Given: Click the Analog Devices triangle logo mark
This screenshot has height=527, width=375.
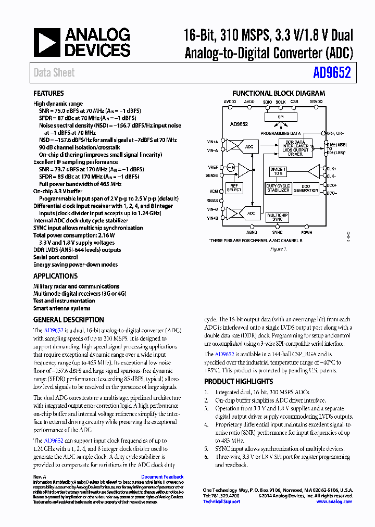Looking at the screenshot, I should coord(46,42).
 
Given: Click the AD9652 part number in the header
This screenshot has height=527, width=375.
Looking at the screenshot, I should coord(332,72).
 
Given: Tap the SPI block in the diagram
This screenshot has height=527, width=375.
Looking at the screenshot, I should coord(281,118).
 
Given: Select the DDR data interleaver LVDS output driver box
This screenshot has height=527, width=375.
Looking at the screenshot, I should coord(295,148).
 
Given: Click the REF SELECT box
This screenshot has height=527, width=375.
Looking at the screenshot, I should coord(234,188).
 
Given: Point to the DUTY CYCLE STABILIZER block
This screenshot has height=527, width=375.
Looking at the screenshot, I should coord(278,188).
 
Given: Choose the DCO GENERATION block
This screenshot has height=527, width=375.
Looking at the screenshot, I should coord(306,188).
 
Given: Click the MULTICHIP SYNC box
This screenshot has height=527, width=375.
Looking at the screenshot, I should coord(278,217).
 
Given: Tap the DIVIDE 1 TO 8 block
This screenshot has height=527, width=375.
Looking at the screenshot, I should coord(278,171).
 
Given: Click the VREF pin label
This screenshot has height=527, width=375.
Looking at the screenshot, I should coord(213,167).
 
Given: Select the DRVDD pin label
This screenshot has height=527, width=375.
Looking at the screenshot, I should coord(316,102).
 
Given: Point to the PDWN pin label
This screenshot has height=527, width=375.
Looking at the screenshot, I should coord(307,232).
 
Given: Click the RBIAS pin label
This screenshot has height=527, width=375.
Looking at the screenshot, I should coord(213,200).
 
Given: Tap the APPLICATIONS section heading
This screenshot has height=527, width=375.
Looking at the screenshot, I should coord(55,276).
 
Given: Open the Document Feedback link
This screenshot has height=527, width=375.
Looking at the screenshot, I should coord(162,476).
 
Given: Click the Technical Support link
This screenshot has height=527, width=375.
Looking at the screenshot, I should coord(221,501).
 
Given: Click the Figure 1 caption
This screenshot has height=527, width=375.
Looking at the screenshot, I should coord(278,249).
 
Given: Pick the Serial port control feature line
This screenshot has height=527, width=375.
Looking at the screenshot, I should coord(55,257).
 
